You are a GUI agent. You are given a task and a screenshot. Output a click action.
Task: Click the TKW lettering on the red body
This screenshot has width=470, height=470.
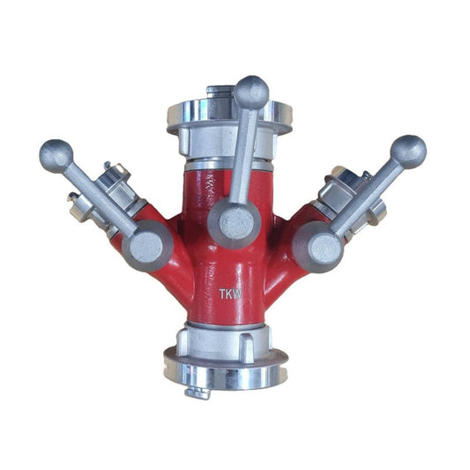click(230, 294)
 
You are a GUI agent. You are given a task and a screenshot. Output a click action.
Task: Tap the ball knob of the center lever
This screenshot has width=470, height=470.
click(251, 93)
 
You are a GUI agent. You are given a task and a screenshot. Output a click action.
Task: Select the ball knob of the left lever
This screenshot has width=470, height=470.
click(56, 156)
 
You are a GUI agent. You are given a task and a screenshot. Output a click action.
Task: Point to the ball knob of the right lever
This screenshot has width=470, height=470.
click(408, 153)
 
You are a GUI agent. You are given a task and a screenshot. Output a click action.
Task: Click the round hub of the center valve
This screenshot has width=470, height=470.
click(234, 223)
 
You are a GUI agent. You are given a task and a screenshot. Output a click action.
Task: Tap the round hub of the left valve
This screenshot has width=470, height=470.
click(147, 245)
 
